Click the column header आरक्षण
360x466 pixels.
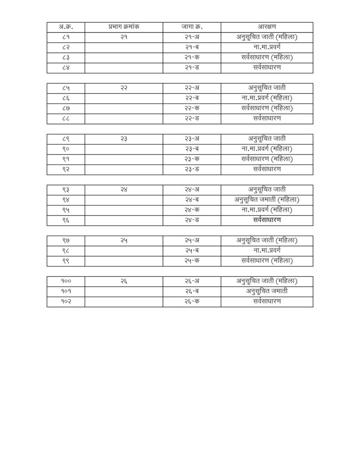click(x=267, y=27)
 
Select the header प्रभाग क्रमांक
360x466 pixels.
click(x=124, y=27)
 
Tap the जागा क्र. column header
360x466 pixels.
click(x=192, y=27)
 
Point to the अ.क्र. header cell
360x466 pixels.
click(x=66, y=27)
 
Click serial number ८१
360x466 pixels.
click(x=66, y=37)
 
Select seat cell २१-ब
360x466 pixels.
click(x=192, y=47)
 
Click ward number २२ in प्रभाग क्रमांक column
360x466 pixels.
click(x=124, y=88)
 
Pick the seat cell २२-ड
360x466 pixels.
click(x=192, y=118)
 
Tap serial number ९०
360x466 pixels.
click(x=66, y=149)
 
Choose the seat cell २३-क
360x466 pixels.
click(x=192, y=159)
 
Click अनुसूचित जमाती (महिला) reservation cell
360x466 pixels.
click(x=267, y=199)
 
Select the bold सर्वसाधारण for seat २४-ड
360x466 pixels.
click(x=267, y=220)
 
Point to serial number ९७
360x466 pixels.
click(x=66, y=240)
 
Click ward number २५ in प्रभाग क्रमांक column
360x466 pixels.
click(x=124, y=240)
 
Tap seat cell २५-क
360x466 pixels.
click(x=192, y=261)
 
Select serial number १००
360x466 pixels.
click(x=66, y=281)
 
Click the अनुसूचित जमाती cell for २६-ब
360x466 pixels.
click(x=267, y=291)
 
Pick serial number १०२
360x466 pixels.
click(x=66, y=301)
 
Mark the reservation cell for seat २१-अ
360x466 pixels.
click(x=267, y=37)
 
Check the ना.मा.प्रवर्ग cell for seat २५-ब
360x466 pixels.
click(x=267, y=250)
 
